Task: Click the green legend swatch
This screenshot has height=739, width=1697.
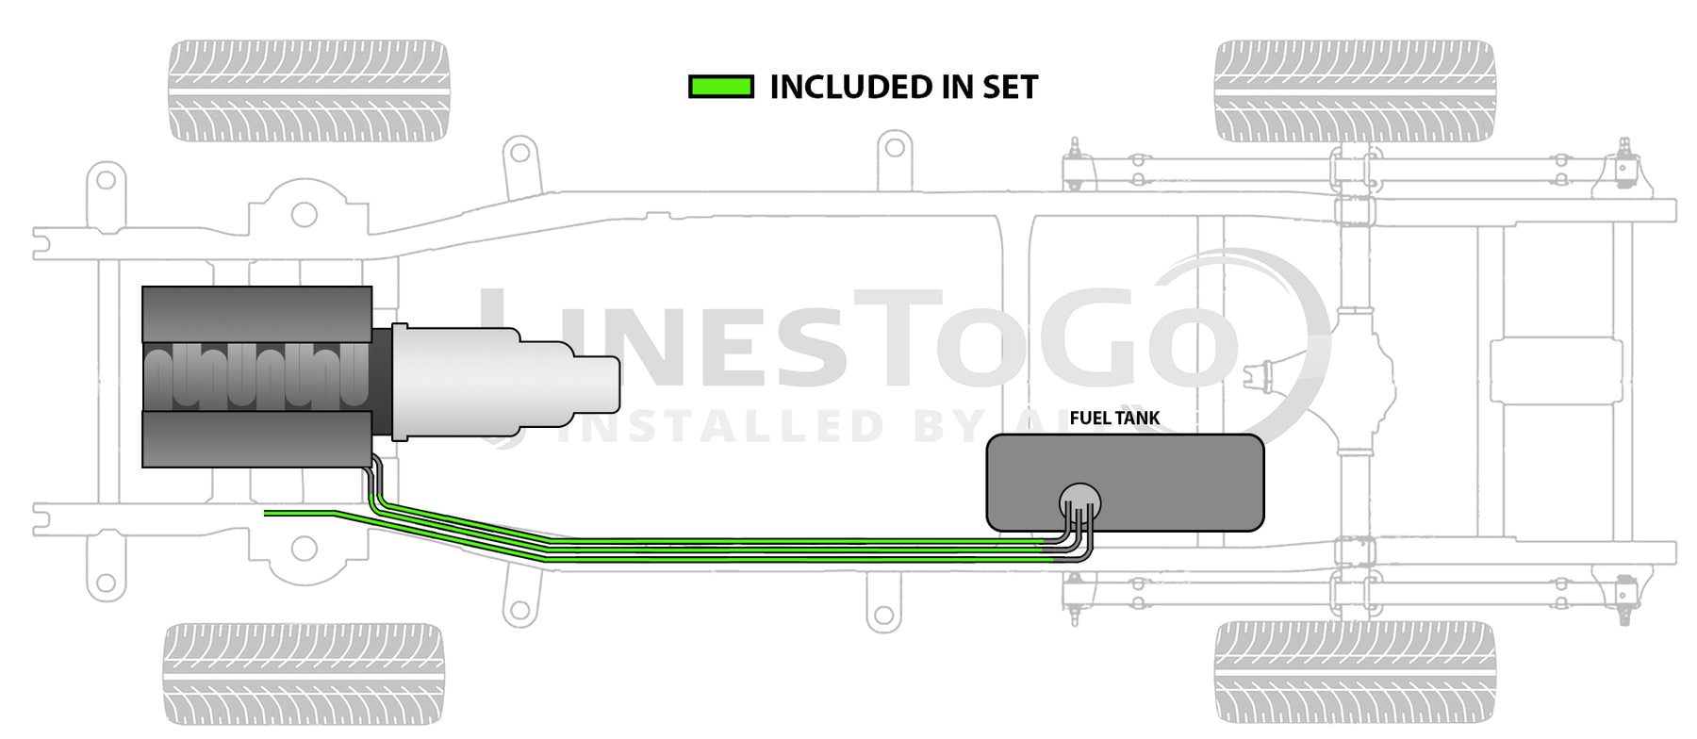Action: click(x=721, y=88)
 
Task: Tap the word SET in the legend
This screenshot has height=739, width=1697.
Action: click(x=1010, y=88)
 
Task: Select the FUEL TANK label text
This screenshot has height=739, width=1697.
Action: click(x=1114, y=418)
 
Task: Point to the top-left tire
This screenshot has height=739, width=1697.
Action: click(x=308, y=90)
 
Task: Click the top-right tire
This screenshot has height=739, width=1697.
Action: click(x=1355, y=90)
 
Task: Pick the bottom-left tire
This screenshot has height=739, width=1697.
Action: click(x=304, y=673)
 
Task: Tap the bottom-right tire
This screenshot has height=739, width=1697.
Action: click(x=1355, y=673)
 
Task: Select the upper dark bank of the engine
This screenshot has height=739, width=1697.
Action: click(x=256, y=314)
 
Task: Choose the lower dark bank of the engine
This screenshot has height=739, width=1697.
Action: click(x=256, y=438)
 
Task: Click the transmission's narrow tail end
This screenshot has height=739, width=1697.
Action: click(x=596, y=385)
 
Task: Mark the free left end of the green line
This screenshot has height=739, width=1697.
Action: click(x=266, y=513)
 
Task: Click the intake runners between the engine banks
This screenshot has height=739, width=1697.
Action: click(x=256, y=376)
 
